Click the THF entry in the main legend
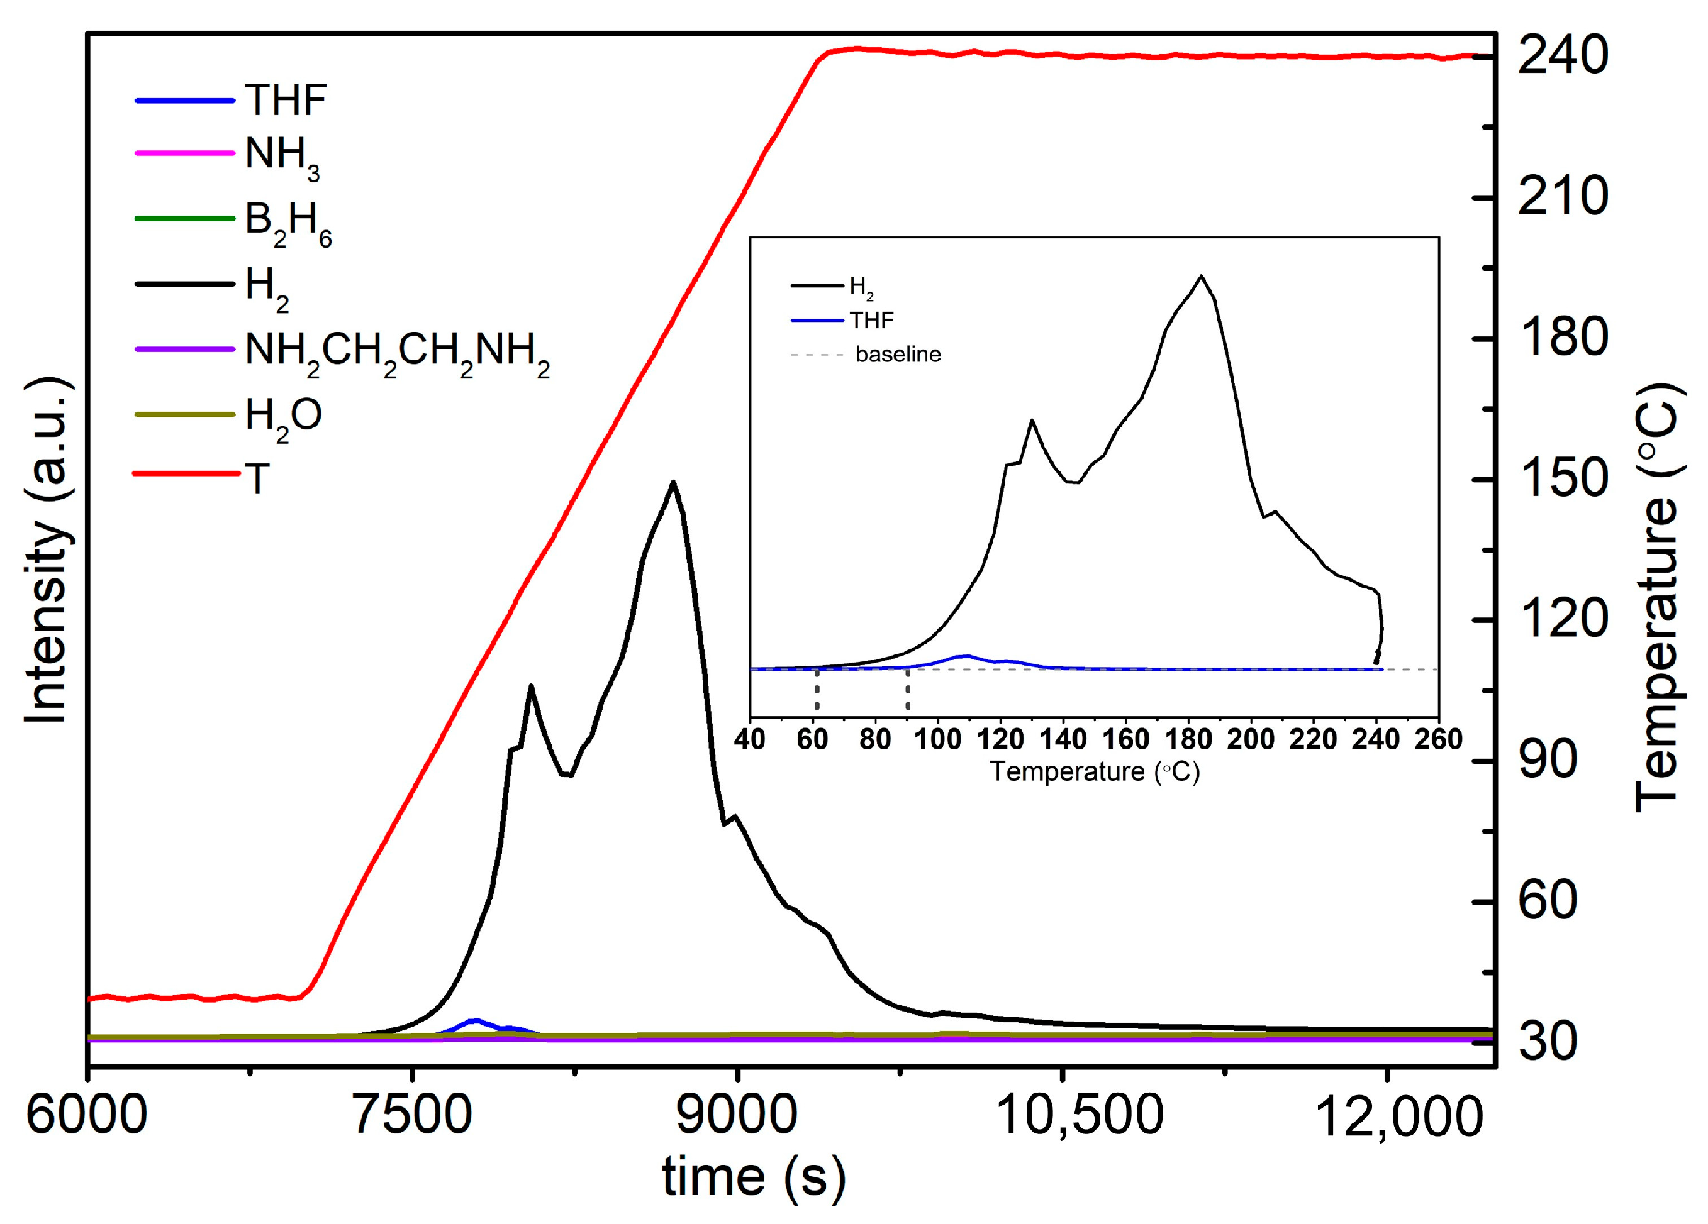[x=284, y=100]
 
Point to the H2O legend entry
[x=283, y=416]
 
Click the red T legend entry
[x=257, y=479]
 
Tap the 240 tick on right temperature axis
[x=1563, y=56]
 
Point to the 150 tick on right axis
[x=1563, y=480]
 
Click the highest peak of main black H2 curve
[x=673, y=483]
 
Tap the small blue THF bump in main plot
[x=475, y=1021]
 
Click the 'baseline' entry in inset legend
[x=898, y=355]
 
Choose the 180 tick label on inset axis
[x=1188, y=740]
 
